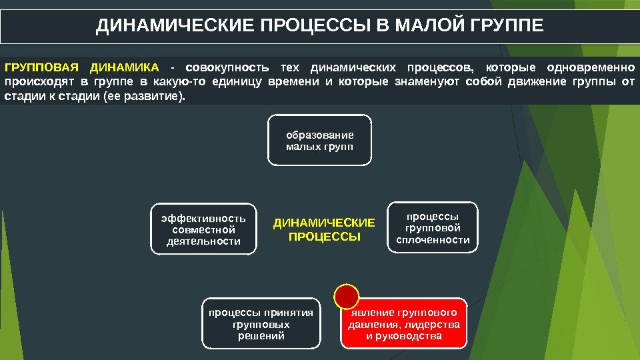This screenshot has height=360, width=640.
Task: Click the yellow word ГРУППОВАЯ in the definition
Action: tap(41, 68)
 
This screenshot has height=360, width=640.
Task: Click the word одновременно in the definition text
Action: tap(591, 68)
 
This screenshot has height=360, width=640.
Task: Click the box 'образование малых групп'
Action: tap(319, 141)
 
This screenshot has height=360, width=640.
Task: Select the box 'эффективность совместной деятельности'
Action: tap(203, 229)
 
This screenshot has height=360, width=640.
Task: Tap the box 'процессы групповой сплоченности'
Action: tap(433, 228)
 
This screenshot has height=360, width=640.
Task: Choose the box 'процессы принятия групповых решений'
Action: tap(261, 324)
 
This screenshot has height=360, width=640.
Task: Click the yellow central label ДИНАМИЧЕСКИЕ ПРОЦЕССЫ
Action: tap(325, 229)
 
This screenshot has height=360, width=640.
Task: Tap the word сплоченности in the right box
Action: tap(433, 240)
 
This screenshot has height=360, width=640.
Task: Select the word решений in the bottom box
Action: tap(261, 336)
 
